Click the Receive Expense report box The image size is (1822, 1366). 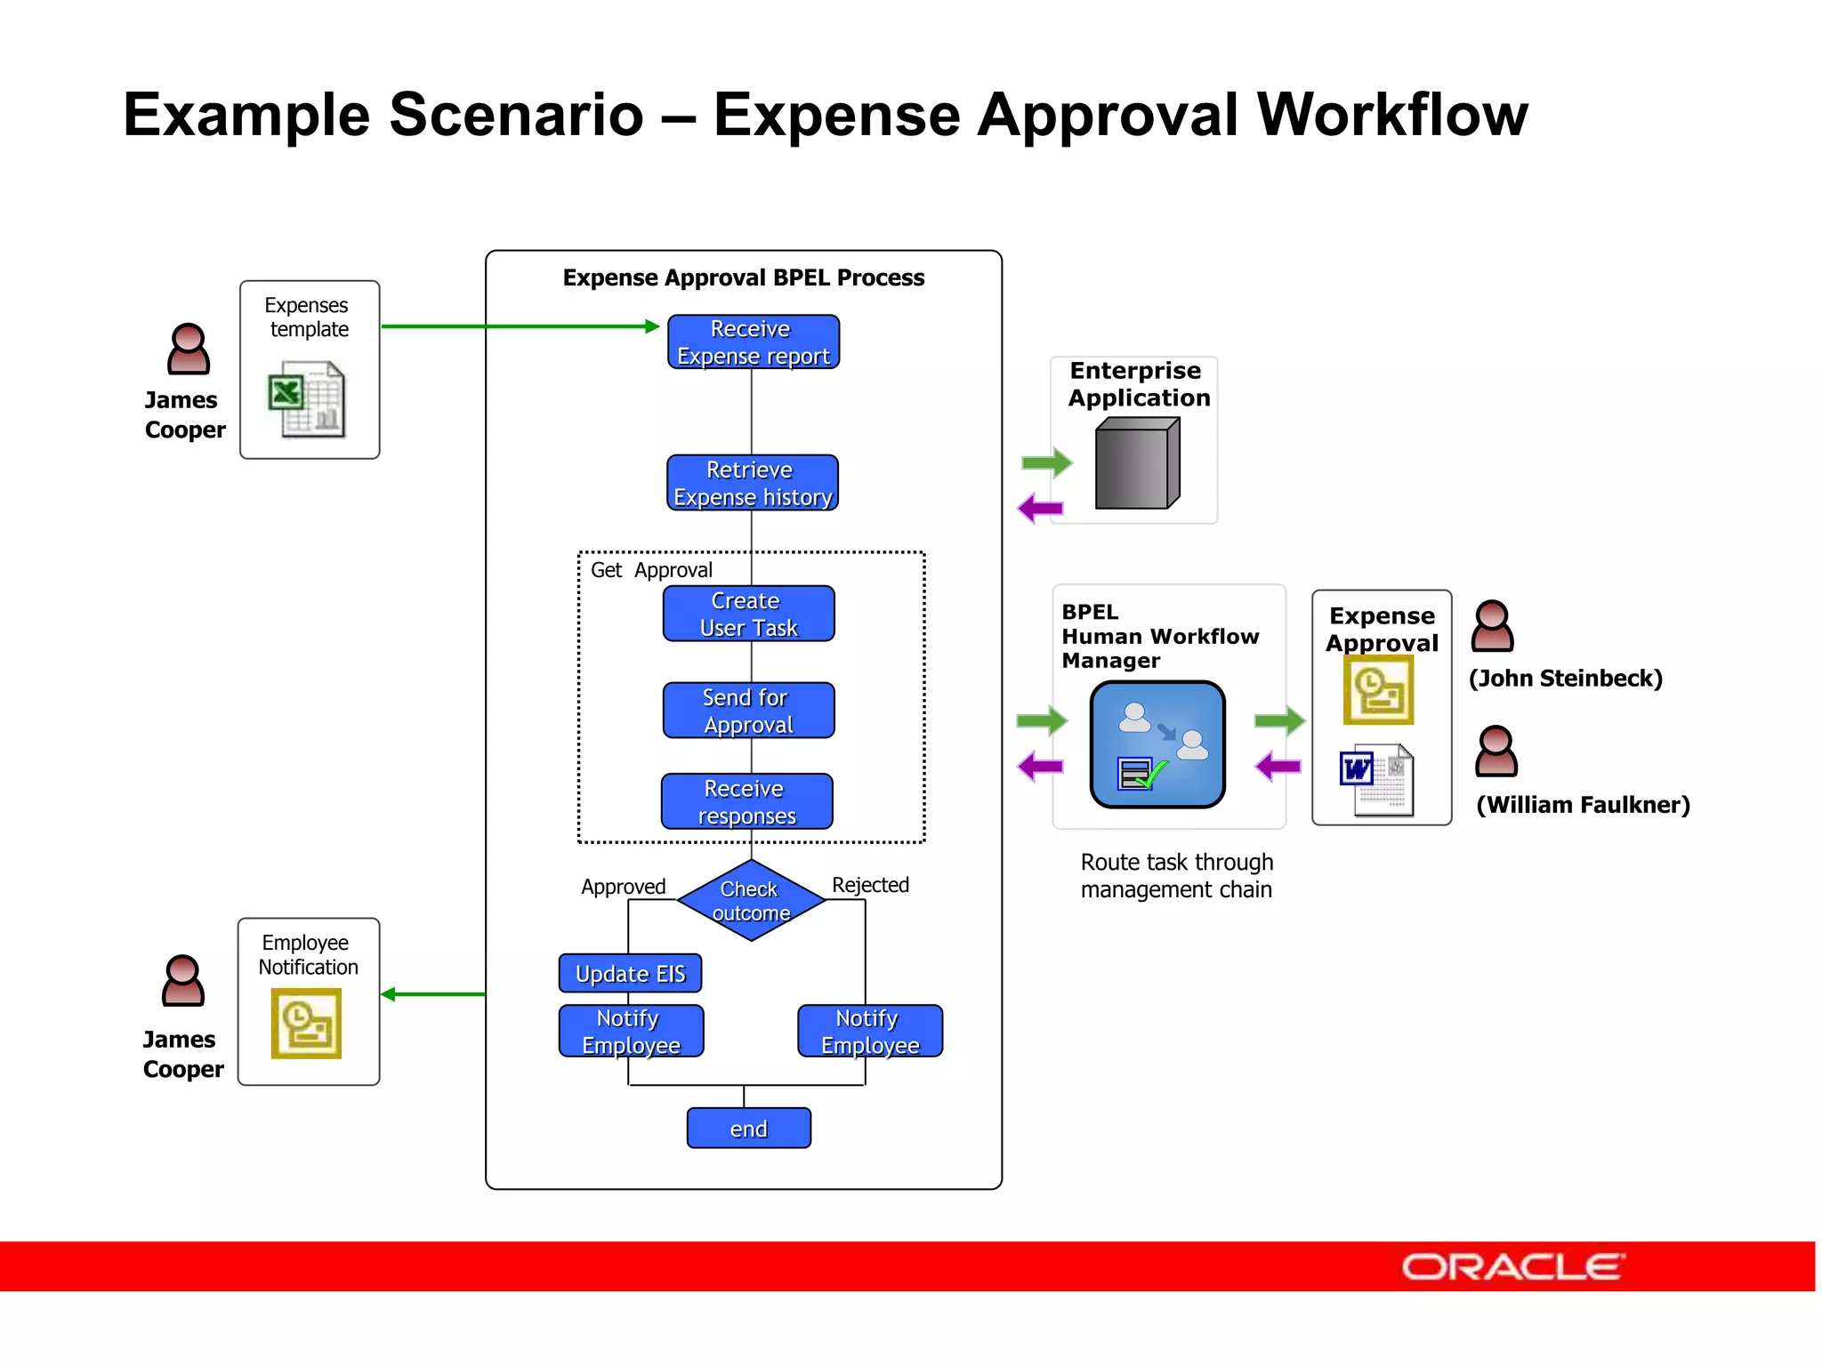pos(753,342)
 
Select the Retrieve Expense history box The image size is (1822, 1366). pos(752,483)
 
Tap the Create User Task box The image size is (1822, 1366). pos(748,614)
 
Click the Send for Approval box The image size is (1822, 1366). pos(748,711)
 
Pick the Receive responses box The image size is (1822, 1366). pos(746,801)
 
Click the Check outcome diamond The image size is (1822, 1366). pos(751,900)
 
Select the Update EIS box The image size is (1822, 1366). pos(630,974)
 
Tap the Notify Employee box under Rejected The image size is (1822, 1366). pos(869,1032)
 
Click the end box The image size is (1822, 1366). pos(748,1129)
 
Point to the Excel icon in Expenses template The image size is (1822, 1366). pos(306,399)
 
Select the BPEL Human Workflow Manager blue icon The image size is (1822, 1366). pos(1157,744)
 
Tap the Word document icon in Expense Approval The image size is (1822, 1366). pos(1376,780)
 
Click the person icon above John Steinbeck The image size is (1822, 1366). pos(1492,626)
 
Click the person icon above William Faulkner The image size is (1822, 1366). pos(1495,751)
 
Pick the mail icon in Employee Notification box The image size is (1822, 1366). pos(306,1024)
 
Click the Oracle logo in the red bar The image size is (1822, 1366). pos(1512,1266)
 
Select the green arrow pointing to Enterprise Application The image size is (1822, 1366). pos(1047,462)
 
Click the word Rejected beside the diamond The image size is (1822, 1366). pos(870,885)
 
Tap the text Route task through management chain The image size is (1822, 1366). pos(1176,876)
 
